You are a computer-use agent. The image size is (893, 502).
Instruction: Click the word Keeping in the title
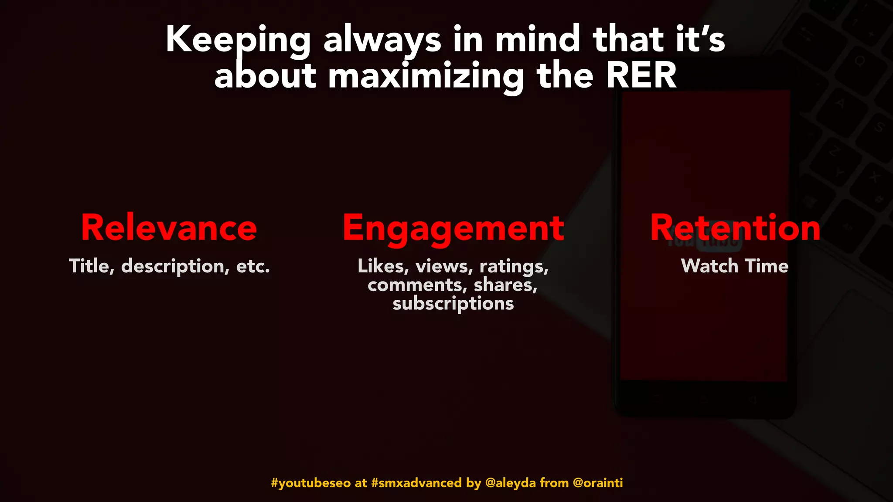click(x=238, y=40)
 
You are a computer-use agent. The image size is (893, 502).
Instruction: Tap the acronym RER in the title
click(x=641, y=76)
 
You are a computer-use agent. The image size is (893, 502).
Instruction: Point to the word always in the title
click(x=382, y=40)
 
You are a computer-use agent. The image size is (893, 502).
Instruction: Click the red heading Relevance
click(x=169, y=228)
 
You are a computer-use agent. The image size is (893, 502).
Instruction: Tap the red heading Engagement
click(x=453, y=229)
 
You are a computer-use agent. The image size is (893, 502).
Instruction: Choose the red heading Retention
click(x=735, y=228)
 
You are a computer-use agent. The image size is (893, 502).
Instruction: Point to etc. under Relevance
click(x=253, y=266)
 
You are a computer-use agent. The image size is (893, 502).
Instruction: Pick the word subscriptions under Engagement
click(x=453, y=304)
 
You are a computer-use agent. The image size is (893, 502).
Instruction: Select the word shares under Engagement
click(x=505, y=285)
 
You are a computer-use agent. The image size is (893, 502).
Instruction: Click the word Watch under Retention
click(x=709, y=266)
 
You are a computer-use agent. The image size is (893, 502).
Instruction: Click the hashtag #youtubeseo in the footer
click(x=310, y=483)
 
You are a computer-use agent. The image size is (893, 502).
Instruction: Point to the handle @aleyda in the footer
click(x=510, y=483)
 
